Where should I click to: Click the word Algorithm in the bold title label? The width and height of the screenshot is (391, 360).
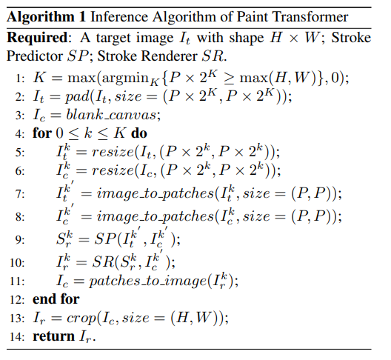coord(41,18)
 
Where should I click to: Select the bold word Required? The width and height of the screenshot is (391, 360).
coord(37,39)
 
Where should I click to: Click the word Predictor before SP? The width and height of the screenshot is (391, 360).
coord(35,56)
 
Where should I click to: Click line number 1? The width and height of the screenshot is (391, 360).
coord(20,79)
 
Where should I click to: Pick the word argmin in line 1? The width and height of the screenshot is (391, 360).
coord(125,79)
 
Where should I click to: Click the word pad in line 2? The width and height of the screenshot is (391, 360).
coord(77,97)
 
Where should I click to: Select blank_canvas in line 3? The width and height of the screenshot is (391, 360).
coord(111,115)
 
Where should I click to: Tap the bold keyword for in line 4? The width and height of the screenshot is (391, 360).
coord(42,133)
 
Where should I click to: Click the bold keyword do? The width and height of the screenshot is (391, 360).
coord(139,133)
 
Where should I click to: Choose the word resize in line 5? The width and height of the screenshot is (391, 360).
coord(113,152)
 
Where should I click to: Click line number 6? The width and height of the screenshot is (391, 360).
coord(20,171)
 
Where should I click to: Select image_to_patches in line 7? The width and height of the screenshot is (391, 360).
coord(156,193)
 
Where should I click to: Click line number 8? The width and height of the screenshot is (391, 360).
coord(20,216)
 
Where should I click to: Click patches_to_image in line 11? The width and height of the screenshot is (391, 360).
coord(148,281)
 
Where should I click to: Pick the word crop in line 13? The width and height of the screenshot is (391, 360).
coord(81,319)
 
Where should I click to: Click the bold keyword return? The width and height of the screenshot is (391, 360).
coord(53,336)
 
